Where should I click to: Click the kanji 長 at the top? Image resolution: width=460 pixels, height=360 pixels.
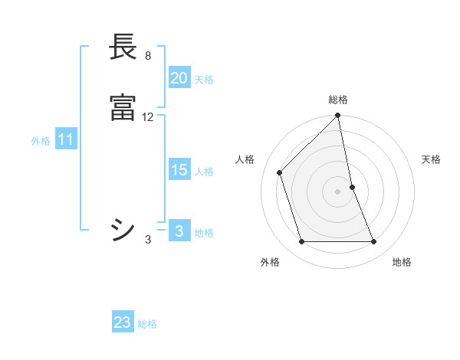pos(123,47)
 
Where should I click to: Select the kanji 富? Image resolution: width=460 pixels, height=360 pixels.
pos(123,108)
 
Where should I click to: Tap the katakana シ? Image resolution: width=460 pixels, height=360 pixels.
pos(123,229)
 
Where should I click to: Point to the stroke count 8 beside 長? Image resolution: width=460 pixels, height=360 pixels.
pos(148,56)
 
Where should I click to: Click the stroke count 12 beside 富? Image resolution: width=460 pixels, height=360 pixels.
pos(148,117)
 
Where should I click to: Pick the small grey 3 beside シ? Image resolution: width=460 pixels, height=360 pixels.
pos(148,240)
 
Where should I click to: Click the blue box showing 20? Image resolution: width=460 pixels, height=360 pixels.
pos(179,78)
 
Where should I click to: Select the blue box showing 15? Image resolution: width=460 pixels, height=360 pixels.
pos(179,170)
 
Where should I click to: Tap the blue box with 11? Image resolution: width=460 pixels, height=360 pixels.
pos(65,140)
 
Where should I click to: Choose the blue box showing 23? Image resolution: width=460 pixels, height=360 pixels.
pos(123,322)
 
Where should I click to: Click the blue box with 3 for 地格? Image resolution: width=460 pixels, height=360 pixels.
pos(179,231)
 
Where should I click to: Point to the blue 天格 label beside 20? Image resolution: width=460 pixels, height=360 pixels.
pos(204,80)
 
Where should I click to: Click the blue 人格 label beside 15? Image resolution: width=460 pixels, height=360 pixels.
pos(204,172)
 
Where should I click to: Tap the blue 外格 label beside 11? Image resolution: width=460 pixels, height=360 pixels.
pos(41,141)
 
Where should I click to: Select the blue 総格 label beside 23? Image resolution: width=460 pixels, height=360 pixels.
pos(147,324)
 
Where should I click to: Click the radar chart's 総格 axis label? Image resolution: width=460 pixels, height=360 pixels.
pos(338,100)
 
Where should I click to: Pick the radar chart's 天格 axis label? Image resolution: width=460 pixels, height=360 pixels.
pos(432,159)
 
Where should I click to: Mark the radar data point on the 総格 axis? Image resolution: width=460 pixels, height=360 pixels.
pos(338,116)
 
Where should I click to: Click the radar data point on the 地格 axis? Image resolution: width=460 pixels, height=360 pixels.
pos(374,242)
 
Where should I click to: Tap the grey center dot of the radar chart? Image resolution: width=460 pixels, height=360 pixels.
pos(338,191)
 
